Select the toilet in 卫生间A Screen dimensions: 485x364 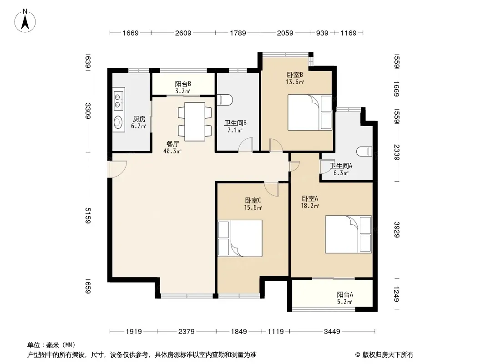364,152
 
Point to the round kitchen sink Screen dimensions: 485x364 118,121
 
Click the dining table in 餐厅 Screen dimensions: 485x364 195,121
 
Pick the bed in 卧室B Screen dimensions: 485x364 310,112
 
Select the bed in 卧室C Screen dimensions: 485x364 240,238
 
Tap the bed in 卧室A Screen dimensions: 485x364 349,234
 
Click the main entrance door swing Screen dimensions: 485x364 117,169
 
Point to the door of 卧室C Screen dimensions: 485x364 272,189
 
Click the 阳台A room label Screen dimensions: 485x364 345,295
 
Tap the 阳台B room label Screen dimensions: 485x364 183,84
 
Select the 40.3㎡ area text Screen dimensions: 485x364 172,151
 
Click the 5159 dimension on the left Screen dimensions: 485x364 88,216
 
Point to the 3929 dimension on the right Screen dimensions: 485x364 397,230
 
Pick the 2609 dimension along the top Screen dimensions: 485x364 183,33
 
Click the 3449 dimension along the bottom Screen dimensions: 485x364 332,332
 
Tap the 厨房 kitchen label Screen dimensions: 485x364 139,119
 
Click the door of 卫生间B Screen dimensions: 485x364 246,144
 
